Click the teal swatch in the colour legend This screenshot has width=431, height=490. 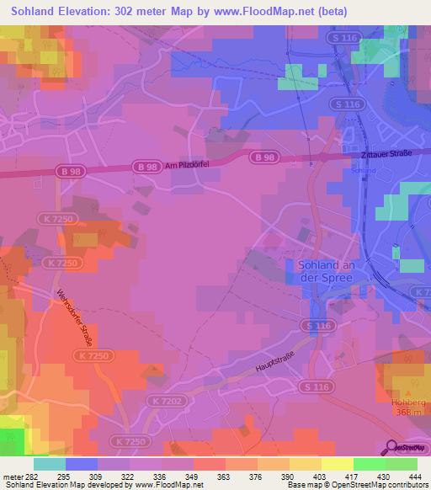(50, 464)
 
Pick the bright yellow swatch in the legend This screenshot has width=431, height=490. (337, 464)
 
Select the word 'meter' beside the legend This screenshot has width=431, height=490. (13, 477)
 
